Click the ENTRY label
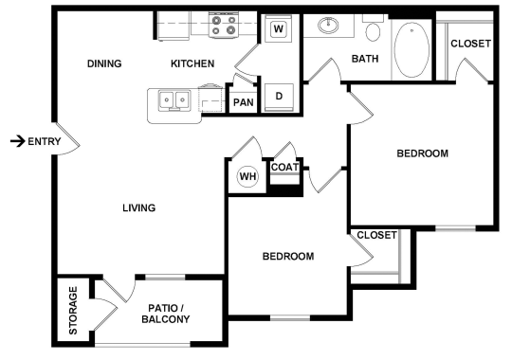[46, 142]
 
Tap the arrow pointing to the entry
[16, 142]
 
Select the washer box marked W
[279, 28]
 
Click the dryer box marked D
[280, 96]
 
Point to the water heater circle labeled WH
[247, 176]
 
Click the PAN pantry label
[244, 101]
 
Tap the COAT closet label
[284, 168]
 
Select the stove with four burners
[223, 26]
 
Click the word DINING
[104, 64]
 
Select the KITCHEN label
[192, 64]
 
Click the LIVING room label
[138, 208]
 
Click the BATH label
[365, 60]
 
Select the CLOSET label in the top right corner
[470, 44]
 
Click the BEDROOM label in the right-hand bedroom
[422, 153]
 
